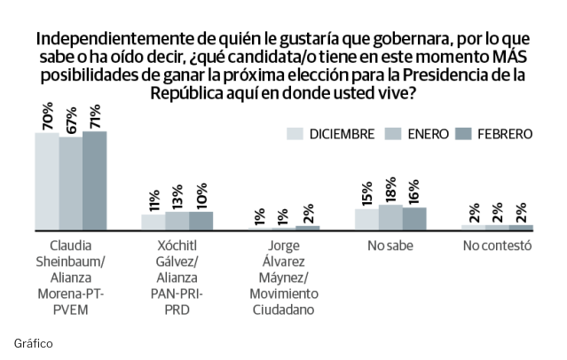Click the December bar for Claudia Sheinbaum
click(47, 181)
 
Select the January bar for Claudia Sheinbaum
click(71, 184)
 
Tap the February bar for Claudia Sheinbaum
click(94, 180)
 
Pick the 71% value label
click(94, 115)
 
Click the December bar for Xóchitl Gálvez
click(154, 222)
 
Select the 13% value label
click(177, 198)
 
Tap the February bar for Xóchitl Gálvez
click(201, 221)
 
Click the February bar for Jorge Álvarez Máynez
click(307, 228)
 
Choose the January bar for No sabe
click(390, 217)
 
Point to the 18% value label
click(390, 191)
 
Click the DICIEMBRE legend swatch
click(295, 134)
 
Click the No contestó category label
click(496, 246)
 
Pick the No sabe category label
click(390, 246)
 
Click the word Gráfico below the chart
click(34, 341)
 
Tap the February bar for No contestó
click(521, 228)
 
